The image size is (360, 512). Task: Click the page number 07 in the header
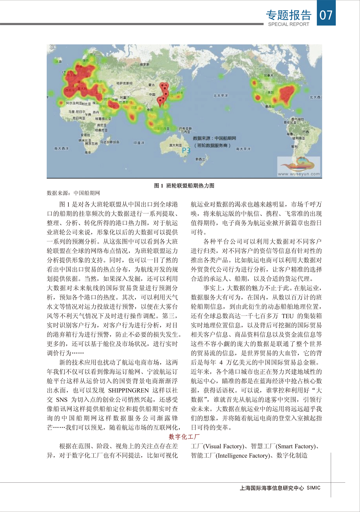click(326, 14)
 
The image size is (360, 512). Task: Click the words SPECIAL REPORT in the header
click(288, 24)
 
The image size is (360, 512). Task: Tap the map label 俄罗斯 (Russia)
click(145, 64)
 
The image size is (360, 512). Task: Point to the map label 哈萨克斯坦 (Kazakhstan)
click(124, 83)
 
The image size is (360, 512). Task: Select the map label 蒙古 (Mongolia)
click(151, 85)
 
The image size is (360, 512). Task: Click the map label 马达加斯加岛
click(110, 142)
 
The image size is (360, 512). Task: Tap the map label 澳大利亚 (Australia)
click(175, 145)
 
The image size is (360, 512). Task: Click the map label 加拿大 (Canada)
click(268, 75)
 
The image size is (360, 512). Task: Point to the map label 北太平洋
click(220, 96)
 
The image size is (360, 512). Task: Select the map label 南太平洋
click(243, 149)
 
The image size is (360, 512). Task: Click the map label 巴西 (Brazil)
click(305, 132)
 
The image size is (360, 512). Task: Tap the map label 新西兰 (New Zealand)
click(200, 159)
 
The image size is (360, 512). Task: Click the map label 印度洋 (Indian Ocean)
click(139, 143)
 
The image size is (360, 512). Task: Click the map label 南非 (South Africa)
click(88, 152)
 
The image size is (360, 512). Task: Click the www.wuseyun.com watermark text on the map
click(299, 174)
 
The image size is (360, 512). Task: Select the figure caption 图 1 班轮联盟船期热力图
click(184, 186)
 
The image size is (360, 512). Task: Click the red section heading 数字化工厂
click(184, 437)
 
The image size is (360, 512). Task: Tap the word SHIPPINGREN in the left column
click(128, 390)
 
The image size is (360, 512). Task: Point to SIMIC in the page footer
click(313, 488)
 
